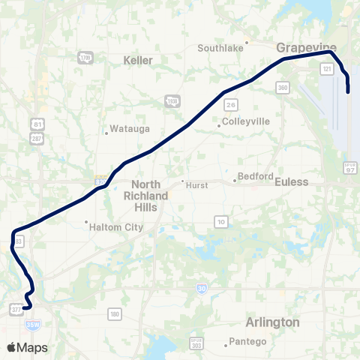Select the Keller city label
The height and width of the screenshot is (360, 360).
138,60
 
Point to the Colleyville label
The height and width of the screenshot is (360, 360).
244,121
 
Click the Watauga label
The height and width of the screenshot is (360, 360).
124,129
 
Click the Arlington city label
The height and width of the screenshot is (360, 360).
272,322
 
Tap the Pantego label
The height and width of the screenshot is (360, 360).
250,342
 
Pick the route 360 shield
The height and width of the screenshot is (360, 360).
283,87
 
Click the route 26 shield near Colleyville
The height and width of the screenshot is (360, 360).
232,104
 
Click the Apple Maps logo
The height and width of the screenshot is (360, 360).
27,347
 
